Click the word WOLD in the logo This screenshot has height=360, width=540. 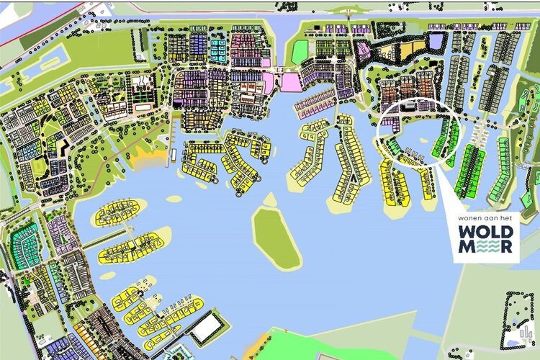(x=488, y=232)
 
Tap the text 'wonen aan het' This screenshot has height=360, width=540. (x=488, y=217)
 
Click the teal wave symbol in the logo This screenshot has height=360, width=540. (x=488, y=248)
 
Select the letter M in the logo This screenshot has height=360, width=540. (x=467, y=248)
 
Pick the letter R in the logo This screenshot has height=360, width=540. (x=509, y=248)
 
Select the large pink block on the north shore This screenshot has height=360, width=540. (x=290, y=82)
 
